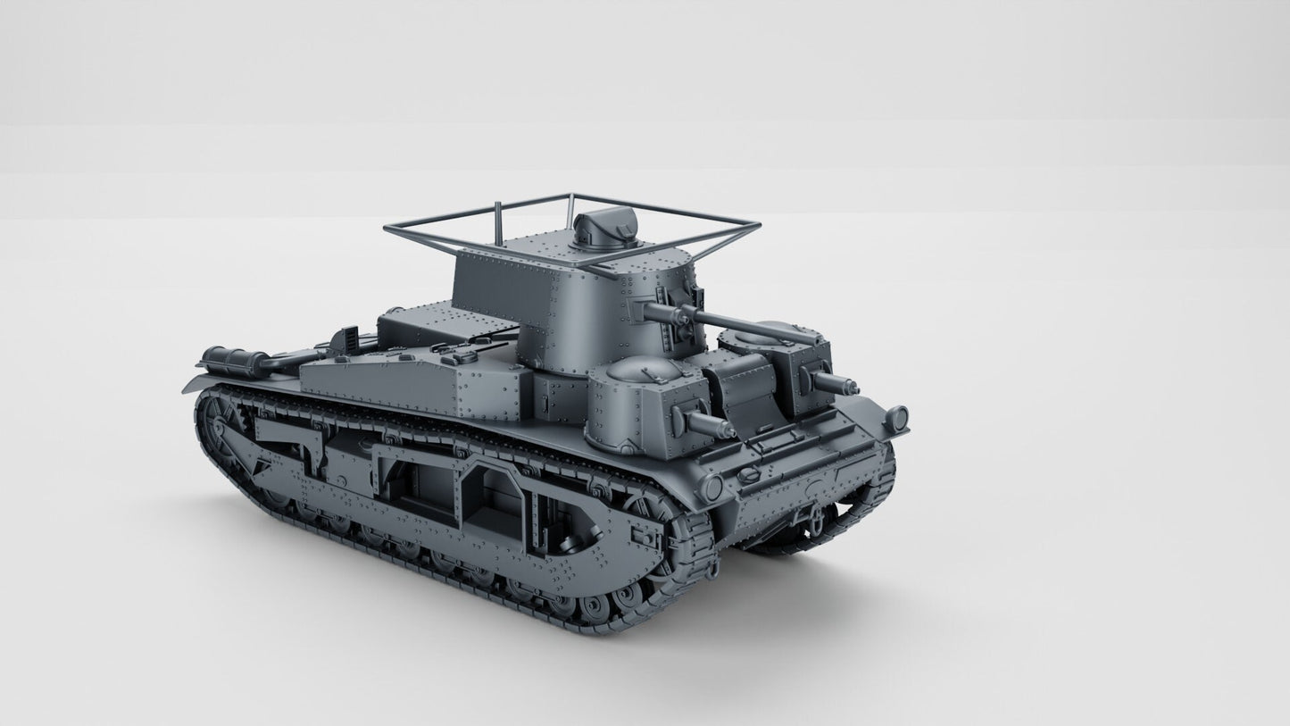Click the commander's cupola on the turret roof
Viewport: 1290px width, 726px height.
click(x=606, y=228)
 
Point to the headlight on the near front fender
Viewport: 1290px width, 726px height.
click(x=711, y=487)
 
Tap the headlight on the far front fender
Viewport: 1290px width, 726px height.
click(x=895, y=417)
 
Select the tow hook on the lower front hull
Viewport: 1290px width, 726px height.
click(x=814, y=517)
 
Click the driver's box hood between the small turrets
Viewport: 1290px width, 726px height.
click(x=739, y=384)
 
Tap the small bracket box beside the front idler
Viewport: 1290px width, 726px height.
click(x=644, y=535)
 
